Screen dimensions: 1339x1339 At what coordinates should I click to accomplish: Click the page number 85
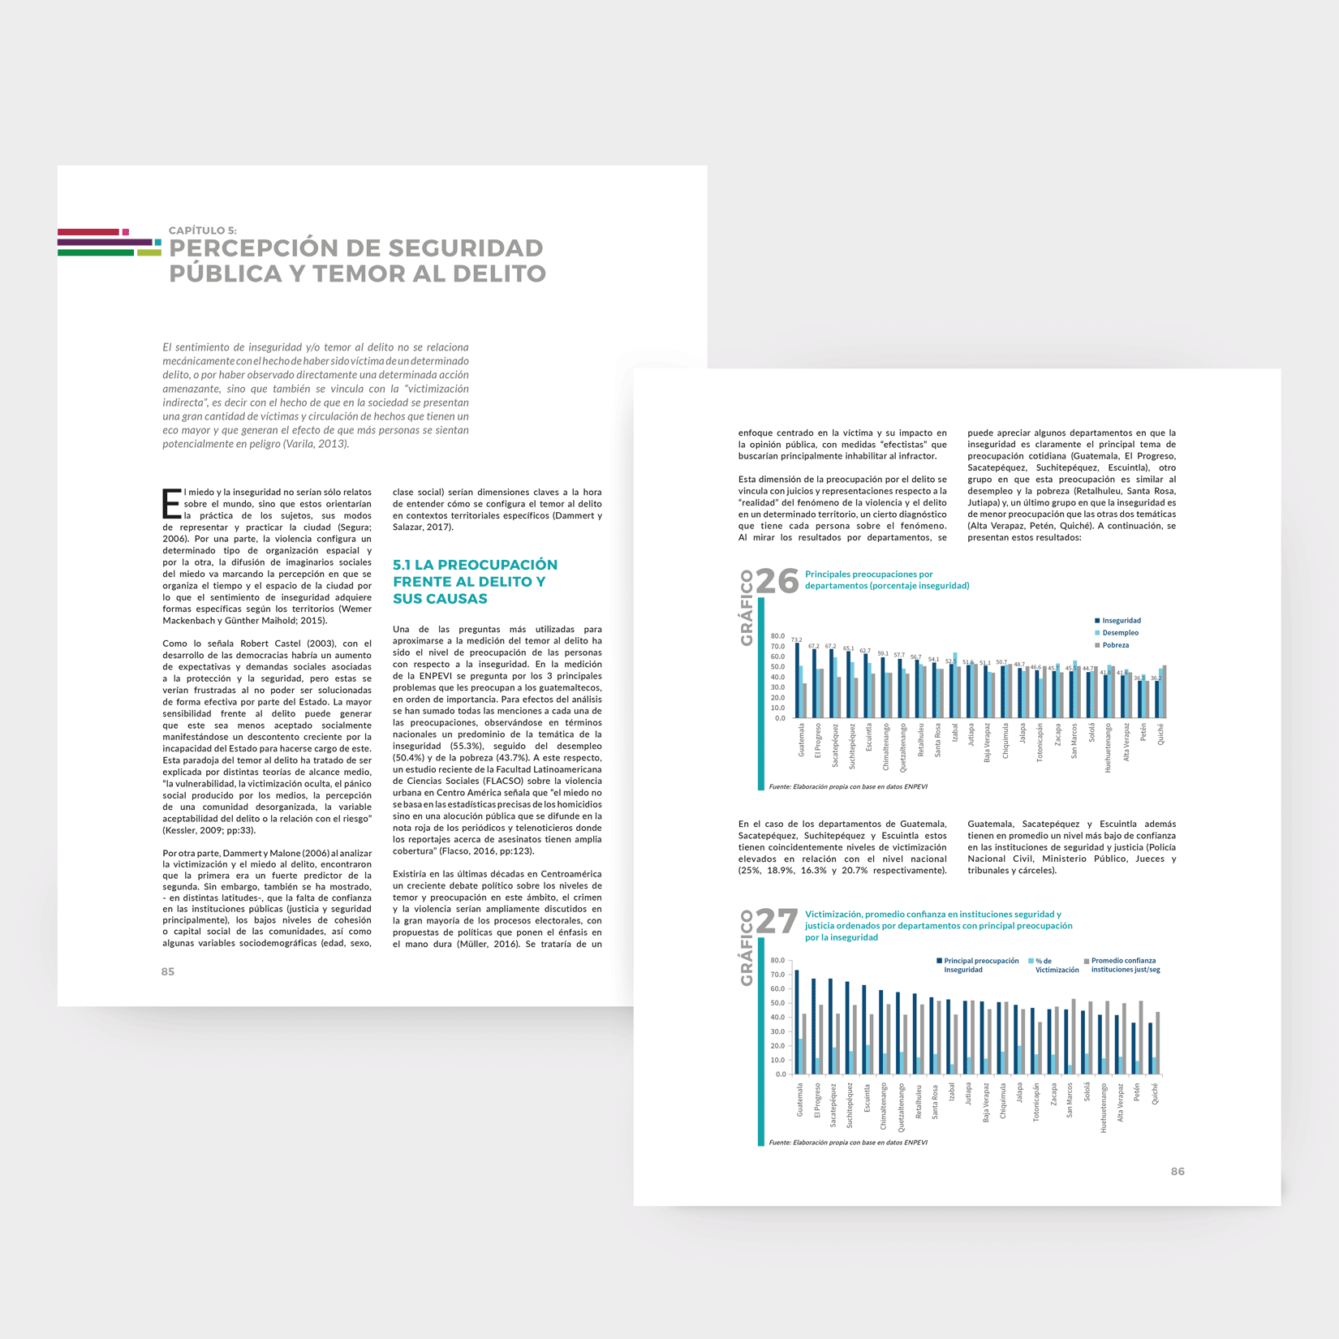(x=168, y=971)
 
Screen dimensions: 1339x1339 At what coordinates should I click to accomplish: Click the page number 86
(x=1178, y=1171)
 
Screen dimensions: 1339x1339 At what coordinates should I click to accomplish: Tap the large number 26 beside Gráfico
(x=777, y=581)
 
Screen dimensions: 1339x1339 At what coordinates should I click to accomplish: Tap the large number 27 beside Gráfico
(x=777, y=921)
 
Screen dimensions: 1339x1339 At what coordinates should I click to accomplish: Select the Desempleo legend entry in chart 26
(x=1120, y=633)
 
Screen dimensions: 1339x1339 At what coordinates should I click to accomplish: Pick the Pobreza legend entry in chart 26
(x=1115, y=645)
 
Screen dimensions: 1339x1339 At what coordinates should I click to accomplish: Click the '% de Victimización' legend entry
(x=1056, y=965)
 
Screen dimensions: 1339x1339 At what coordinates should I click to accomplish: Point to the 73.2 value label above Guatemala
(x=796, y=639)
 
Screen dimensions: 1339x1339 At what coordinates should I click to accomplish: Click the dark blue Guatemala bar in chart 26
(x=797, y=682)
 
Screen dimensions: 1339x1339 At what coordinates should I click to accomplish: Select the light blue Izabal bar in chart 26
(x=955, y=686)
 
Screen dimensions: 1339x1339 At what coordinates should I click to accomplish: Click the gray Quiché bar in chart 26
(x=1165, y=692)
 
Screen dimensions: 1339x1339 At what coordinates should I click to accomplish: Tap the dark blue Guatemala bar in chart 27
(x=796, y=1023)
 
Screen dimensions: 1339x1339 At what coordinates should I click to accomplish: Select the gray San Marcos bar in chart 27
(x=1074, y=1037)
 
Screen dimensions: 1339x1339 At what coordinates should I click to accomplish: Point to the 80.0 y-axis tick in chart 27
(x=777, y=960)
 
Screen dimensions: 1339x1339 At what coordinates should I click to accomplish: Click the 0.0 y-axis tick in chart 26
(x=779, y=718)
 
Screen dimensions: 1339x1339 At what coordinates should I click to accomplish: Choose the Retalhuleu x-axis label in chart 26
(x=920, y=740)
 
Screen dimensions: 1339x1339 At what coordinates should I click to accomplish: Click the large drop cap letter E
(x=171, y=503)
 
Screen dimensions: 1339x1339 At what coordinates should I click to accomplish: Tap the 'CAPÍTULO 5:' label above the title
(x=203, y=230)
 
